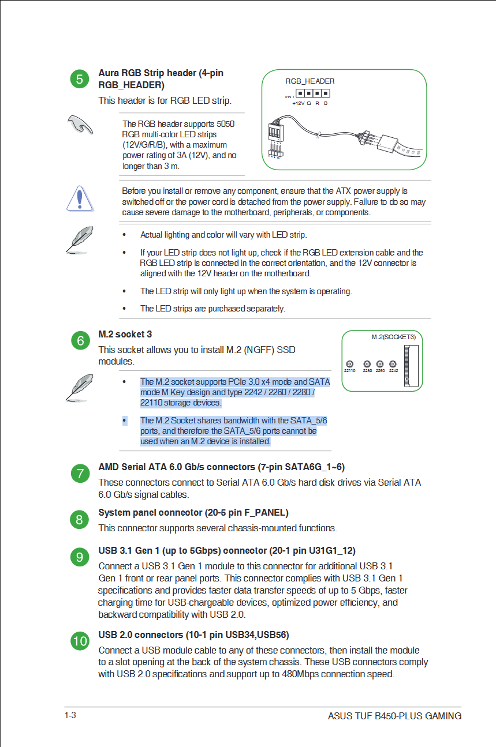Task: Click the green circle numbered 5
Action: click(80, 79)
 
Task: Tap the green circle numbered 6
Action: click(80, 341)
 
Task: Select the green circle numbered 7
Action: click(80, 474)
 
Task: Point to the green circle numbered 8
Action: click(80, 520)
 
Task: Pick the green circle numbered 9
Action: click(80, 557)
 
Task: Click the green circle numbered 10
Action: click(80, 641)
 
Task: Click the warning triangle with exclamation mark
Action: click(80, 199)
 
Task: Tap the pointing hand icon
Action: click(80, 123)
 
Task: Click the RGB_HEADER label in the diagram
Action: click(309, 81)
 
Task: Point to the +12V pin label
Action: click(298, 103)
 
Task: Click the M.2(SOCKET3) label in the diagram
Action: click(393, 337)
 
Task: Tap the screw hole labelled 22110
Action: click(350, 364)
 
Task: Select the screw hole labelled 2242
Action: click(393, 364)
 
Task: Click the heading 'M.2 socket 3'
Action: click(125, 335)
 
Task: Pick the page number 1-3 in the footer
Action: click(70, 715)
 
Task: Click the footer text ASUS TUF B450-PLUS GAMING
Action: click(394, 716)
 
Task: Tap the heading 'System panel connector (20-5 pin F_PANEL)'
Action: click(193, 513)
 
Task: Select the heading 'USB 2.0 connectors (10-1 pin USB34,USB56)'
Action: click(193, 635)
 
